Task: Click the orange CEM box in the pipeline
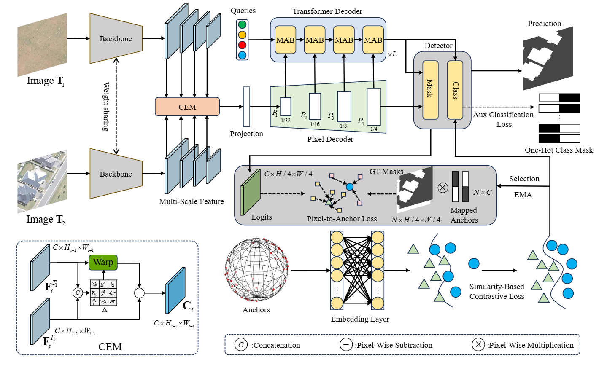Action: (x=187, y=107)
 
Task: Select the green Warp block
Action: (x=103, y=262)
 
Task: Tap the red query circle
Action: (x=242, y=45)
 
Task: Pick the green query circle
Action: (x=242, y=24)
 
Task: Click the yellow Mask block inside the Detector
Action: (x=430, y=89)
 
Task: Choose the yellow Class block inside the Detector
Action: (x=455, y=89)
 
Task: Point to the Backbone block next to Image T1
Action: (x=116, y=39)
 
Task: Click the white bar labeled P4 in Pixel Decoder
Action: (x=374, y=106)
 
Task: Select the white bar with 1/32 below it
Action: (x=286, y=107)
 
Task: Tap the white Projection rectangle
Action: (x=246, y=107)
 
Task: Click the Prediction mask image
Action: (x=548, y=59)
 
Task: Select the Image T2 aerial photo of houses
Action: (x=42, y=181)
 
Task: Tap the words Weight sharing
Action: (x=106, y=106)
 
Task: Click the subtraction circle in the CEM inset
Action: (x=139, y=293)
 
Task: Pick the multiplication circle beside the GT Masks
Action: (x=442, y=188)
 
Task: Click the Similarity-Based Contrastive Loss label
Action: (x=496, y=291)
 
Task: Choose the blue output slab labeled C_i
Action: (x=175, y=291)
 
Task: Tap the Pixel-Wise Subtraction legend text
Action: (x=394, y=345)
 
